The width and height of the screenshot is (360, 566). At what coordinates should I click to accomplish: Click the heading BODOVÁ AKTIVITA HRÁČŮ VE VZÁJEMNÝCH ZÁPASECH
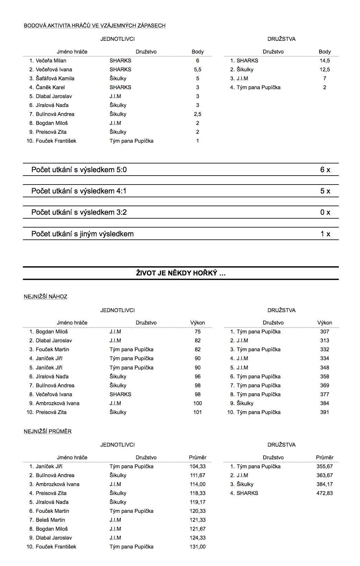[x=94, y=25]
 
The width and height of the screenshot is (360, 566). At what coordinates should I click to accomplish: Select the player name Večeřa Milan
[x=51, y=61]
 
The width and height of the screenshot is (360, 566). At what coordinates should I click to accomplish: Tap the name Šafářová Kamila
[x=55, y=79]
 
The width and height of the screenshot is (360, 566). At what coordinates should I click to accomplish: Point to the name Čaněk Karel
[x=50, y=87]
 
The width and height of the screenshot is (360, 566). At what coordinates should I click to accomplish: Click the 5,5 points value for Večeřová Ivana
[x=198, y=70]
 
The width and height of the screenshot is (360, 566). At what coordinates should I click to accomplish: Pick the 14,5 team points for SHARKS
[x=325, y=61]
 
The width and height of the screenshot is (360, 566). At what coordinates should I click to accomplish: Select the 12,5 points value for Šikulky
[x=325, y=70]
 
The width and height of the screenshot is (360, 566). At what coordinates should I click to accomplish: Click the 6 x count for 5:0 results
[x=325, y=170]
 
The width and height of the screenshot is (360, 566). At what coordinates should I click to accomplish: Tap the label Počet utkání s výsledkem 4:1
[x=79, y=191]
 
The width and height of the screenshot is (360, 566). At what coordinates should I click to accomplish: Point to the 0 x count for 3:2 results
[x=325, y=212]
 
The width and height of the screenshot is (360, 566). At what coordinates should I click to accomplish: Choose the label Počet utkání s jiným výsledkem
[x=82, y=234]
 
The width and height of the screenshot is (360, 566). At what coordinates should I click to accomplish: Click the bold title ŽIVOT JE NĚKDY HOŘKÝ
[x=181, y=273]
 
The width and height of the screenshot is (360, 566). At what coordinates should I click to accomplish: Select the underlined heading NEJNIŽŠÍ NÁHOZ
[x=45, y=297]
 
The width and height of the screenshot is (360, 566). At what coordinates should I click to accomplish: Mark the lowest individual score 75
[x=198, y=332]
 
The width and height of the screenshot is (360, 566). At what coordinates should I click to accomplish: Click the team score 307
[x=325, y=332]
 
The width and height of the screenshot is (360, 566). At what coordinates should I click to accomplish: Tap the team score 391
[x=325, y=412]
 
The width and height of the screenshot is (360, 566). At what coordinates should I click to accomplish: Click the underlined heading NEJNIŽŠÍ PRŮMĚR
[x=48, y=432]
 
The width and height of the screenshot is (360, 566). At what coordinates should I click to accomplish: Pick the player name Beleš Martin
[x=50, y=520]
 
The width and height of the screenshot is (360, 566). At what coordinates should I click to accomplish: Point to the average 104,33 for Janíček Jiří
[x=198, y=467]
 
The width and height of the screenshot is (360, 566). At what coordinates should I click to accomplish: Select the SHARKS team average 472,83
[x=325, y=493]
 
